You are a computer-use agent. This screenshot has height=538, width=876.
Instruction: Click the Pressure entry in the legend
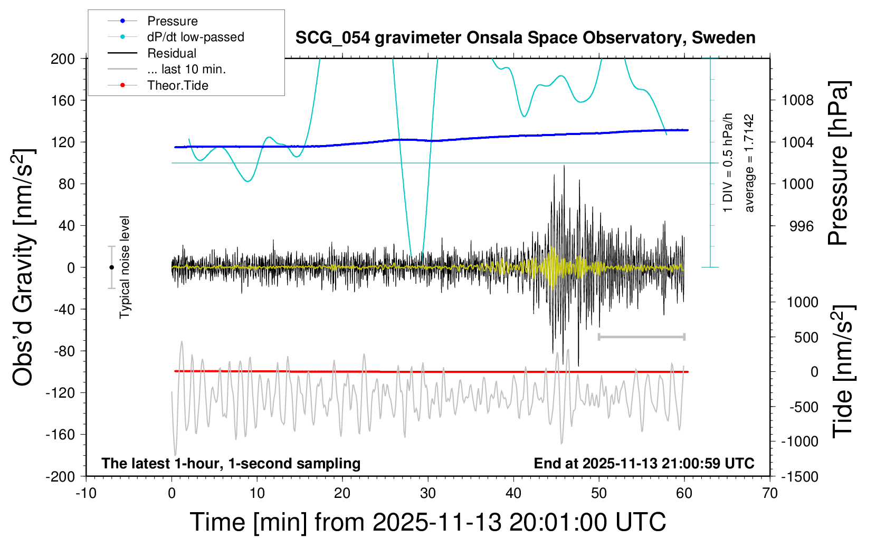(x=172, y=21)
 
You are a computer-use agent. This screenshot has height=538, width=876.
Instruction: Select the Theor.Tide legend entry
(x=177, y=85)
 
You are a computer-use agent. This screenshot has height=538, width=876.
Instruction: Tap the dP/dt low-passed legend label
(x=195, y=37)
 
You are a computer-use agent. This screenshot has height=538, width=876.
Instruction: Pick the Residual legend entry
(x=172, y=53)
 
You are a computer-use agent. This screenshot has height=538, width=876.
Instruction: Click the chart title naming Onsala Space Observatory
(x=525, y=38)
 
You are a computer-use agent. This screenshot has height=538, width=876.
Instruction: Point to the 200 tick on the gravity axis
(x=63, y=59)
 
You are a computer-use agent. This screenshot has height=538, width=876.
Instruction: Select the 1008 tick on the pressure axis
(x=797, y=100)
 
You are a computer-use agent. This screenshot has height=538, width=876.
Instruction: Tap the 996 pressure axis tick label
(x=801, y=226)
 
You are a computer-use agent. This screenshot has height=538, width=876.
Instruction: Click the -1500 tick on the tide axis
(x=799, y=477)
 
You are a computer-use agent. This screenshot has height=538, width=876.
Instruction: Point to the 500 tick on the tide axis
(x=806, y=338)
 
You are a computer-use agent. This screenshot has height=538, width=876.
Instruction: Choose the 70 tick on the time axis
(x=770, y=494)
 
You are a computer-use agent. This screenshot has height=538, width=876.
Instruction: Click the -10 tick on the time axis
(x=86, y=494)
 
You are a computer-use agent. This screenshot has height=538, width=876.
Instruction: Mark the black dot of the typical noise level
(x=111, y=267)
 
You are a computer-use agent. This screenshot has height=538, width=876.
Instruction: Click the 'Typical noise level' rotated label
(x=125, y=267)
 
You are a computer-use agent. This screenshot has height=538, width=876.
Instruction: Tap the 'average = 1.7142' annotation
(x=749, y=164)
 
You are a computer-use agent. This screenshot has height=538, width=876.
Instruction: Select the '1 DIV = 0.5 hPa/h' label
(x=728, y=162)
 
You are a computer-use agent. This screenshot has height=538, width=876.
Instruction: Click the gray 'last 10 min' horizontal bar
(x=641, y=337)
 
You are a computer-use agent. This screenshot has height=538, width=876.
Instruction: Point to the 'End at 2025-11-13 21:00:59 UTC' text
(x=644, y=464)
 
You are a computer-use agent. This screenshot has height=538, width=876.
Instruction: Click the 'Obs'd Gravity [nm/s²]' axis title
(x=23, y=267)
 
